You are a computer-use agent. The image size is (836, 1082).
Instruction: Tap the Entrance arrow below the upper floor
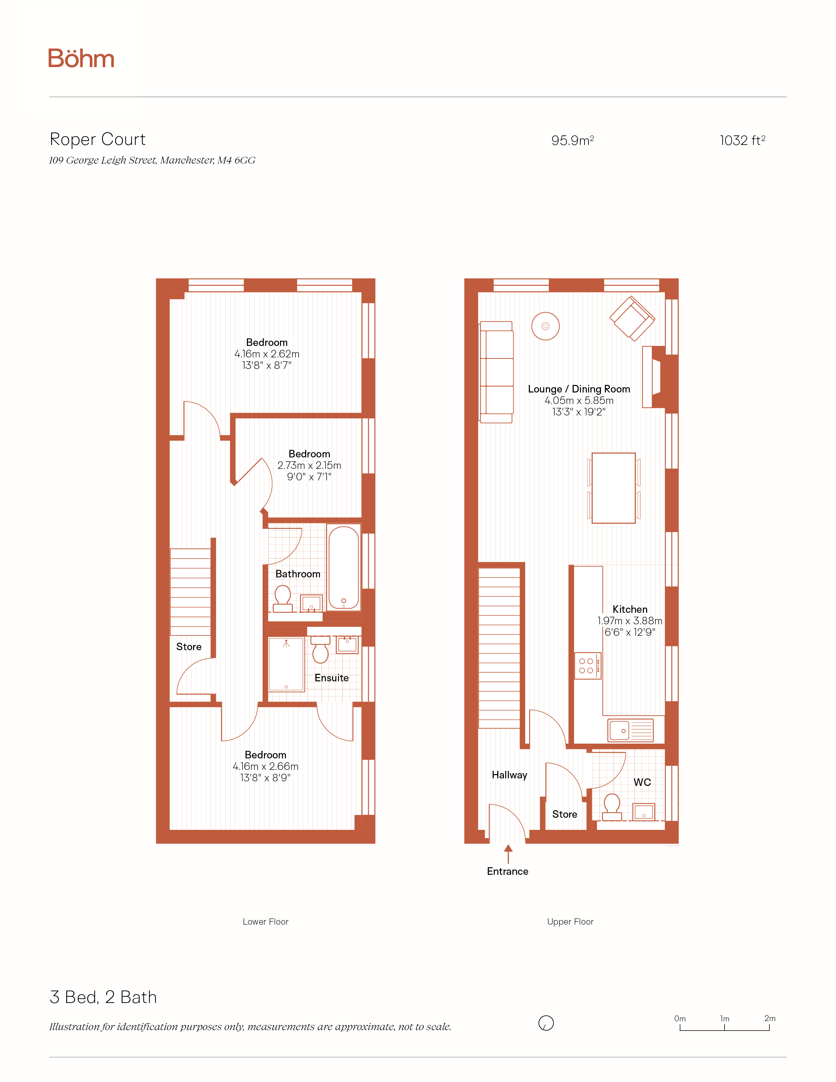508,854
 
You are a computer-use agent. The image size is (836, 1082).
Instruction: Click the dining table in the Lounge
614,488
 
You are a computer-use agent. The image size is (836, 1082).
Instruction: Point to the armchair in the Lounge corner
632,319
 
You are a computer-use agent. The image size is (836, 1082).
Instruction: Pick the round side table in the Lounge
545,326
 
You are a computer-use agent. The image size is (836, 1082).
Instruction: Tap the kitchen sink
630,730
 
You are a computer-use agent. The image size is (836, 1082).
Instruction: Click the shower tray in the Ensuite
286,664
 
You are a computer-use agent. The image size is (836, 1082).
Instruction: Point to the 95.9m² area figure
572,141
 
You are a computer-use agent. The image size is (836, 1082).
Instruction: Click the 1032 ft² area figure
742,141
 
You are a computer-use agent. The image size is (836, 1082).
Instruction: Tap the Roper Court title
98,139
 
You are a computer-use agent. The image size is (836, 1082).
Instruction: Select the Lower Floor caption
266,921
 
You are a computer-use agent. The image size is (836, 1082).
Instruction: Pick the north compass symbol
546,1023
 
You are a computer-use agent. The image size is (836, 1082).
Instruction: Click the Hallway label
509,775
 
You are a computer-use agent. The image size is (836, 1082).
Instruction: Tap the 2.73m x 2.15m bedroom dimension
309,465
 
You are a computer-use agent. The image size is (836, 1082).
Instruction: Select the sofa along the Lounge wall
496,372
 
